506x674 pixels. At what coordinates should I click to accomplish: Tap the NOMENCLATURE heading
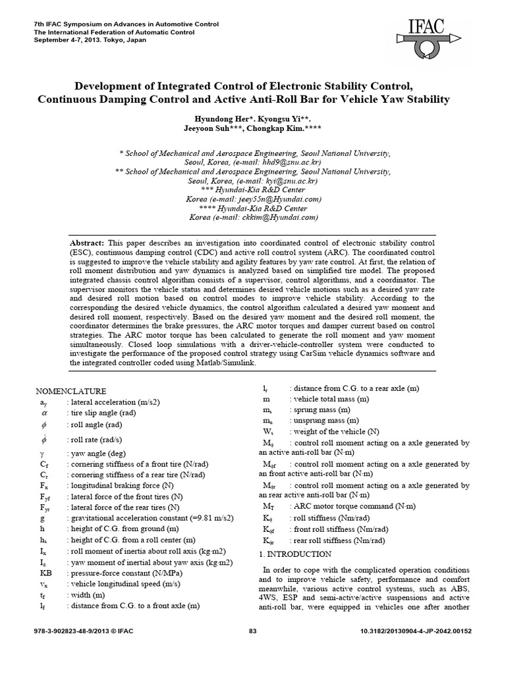point(70,391)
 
